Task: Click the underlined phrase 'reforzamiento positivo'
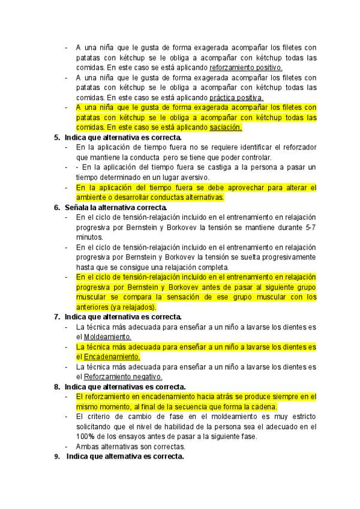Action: (x=246, y=68)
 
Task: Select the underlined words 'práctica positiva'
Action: (x=236, y=97)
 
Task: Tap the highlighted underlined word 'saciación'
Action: (x=226, y=127)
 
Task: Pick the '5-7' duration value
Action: (x=310, y=227)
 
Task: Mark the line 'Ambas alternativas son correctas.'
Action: (x=131, y=447)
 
